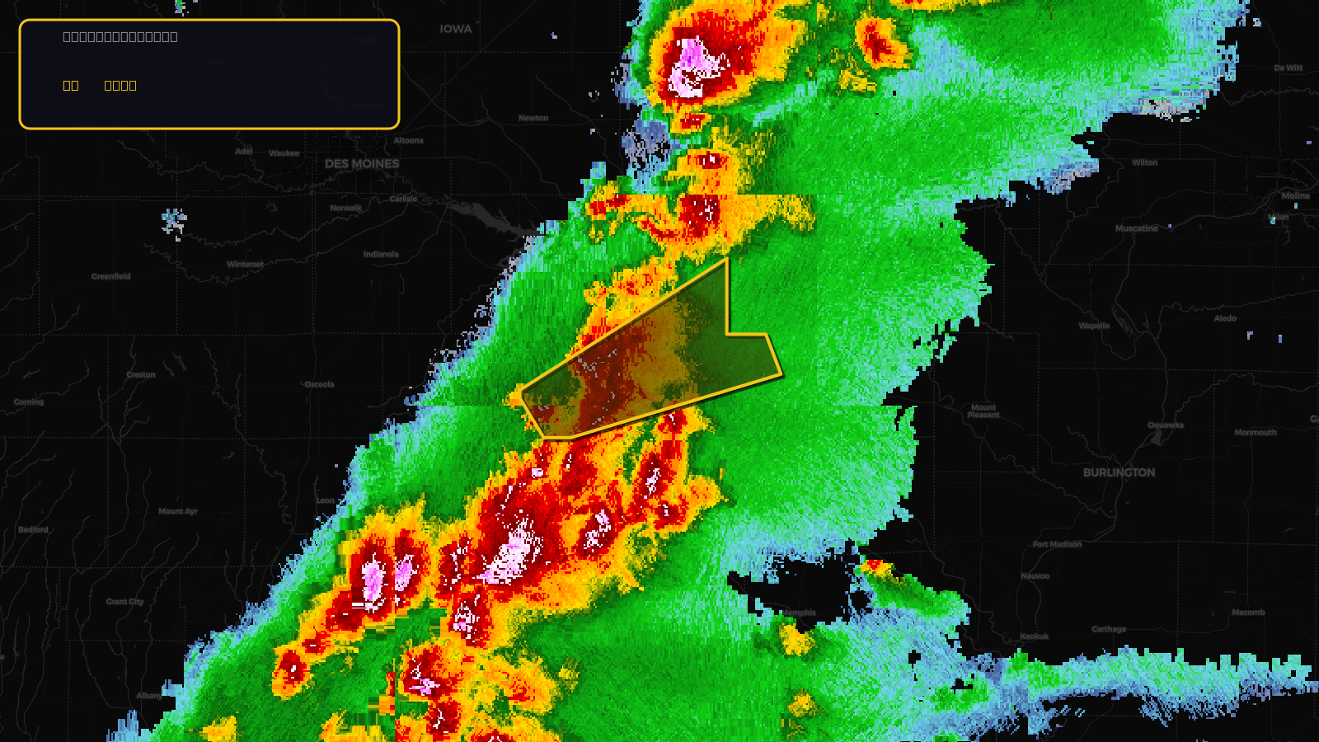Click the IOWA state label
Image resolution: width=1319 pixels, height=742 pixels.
click(455, 29)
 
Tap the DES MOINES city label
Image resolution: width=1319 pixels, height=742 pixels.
click(362, 164)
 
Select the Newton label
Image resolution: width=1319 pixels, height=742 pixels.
click(533, 118)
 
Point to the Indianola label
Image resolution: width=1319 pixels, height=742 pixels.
click(381, 254)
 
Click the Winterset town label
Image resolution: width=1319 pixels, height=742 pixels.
click(245, 265)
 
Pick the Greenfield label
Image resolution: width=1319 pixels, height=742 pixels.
click(111, 277)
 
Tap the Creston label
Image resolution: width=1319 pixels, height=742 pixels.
click(141, 374)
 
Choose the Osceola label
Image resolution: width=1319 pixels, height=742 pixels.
click(319, 384)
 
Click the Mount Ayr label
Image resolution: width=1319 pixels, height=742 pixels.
click(178, 511)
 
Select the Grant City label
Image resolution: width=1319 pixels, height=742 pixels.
click(124, 602)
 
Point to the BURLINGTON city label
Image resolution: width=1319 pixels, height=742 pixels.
click(1119, 472)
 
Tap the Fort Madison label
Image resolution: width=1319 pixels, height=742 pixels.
click(1057, 544)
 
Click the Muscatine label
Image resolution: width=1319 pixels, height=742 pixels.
click(1136, 228)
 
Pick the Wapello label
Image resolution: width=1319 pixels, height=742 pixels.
click(1094, 326)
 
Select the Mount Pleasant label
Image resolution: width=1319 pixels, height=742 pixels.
click(983, 411)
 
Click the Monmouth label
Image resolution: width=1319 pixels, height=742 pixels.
click(1255, 432)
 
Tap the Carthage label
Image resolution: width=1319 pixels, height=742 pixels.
click(1108, 629)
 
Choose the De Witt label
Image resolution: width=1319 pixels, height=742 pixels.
click(1288, 68)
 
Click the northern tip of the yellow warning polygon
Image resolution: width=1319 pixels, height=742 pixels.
click(726, 260)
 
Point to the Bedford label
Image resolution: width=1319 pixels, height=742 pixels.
click(34, 529)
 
